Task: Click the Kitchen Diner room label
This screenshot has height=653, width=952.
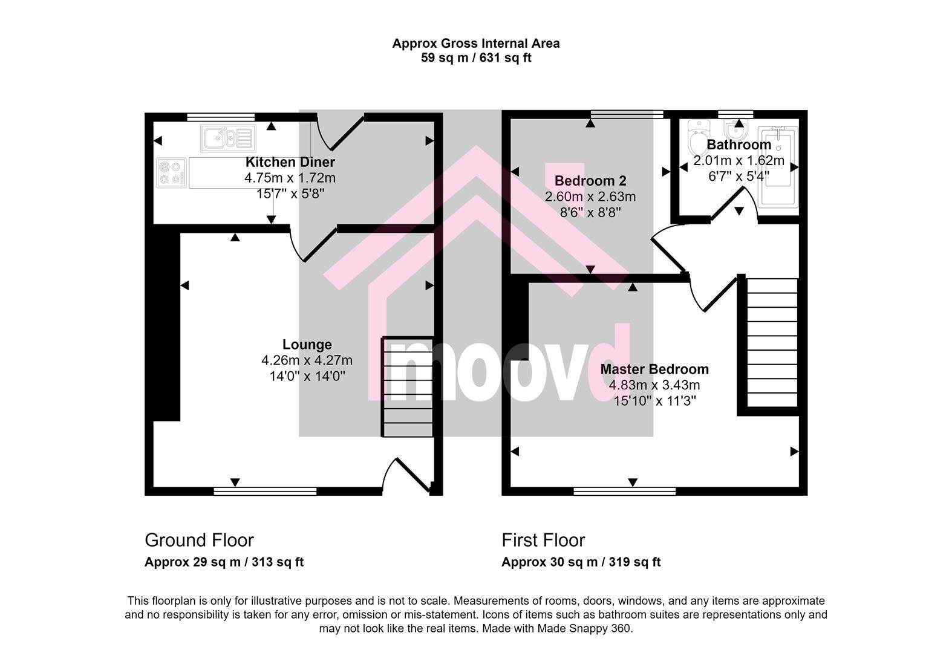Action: [x=290, y=162]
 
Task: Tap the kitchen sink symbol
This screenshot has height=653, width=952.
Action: [x=228, y=138]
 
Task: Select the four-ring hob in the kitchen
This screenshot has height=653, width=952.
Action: [x=171, y=173]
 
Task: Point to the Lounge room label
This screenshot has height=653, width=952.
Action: [x=307, y=345]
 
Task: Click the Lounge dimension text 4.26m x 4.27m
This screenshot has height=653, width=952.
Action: [x=307, y=360]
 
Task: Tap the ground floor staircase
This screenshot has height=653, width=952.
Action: [x=408, y=387]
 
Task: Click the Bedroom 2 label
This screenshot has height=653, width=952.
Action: [x=590, y=181]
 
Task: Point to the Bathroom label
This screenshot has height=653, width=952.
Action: [x=738, y=145]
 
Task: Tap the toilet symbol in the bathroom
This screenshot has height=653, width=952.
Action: [x=699, y=137]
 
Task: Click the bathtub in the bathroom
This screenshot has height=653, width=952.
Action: [x=778, y=167]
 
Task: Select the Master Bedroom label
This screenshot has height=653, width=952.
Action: [x=654, y=369]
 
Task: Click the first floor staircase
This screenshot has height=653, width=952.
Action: [x=772, y=342]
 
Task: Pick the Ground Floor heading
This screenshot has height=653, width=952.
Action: [x=199, y=541]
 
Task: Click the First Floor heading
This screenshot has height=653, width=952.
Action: [x=543, y=541]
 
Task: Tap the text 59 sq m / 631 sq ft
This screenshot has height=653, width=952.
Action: [x=476, y=58]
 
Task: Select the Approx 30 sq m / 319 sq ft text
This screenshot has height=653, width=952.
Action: [x=581, y=562]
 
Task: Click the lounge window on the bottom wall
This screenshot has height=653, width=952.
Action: [x=265, y=492]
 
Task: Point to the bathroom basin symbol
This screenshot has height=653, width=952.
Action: [x=735, y=129]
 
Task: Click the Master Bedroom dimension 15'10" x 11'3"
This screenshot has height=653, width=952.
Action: [x=654, y=401]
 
